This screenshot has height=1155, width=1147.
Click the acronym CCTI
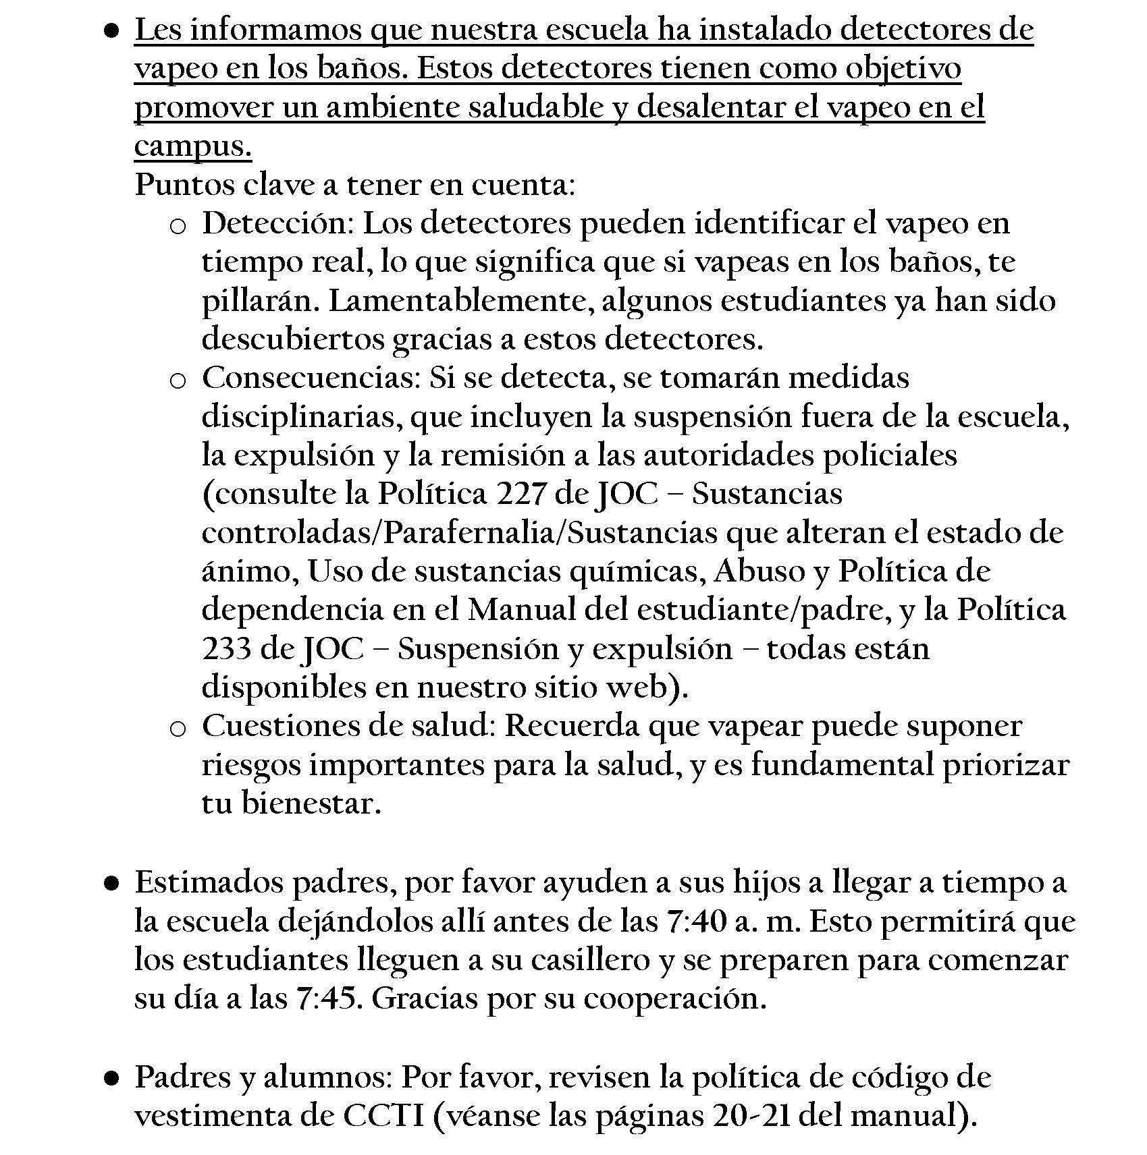[384, 1116]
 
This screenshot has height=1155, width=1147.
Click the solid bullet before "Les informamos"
[112, 31]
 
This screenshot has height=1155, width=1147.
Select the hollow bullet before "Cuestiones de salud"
[178, 729]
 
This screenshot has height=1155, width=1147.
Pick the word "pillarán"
[259, 302]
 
